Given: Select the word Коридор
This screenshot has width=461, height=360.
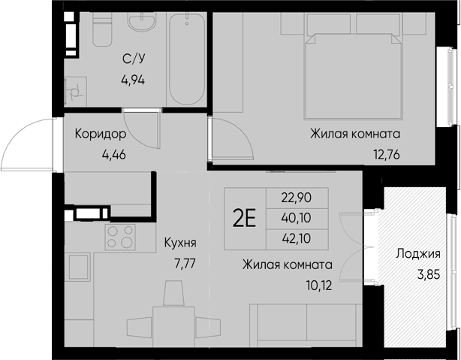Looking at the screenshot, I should tap(100, 135).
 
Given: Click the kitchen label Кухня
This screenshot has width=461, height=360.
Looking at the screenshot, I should tap(180, 244).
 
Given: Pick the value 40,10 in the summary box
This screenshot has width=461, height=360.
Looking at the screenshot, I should tap(296, 217).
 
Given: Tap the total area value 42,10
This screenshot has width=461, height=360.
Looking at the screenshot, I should tap(296, 237).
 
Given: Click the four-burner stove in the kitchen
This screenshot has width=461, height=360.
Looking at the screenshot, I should tap(119, 237).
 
